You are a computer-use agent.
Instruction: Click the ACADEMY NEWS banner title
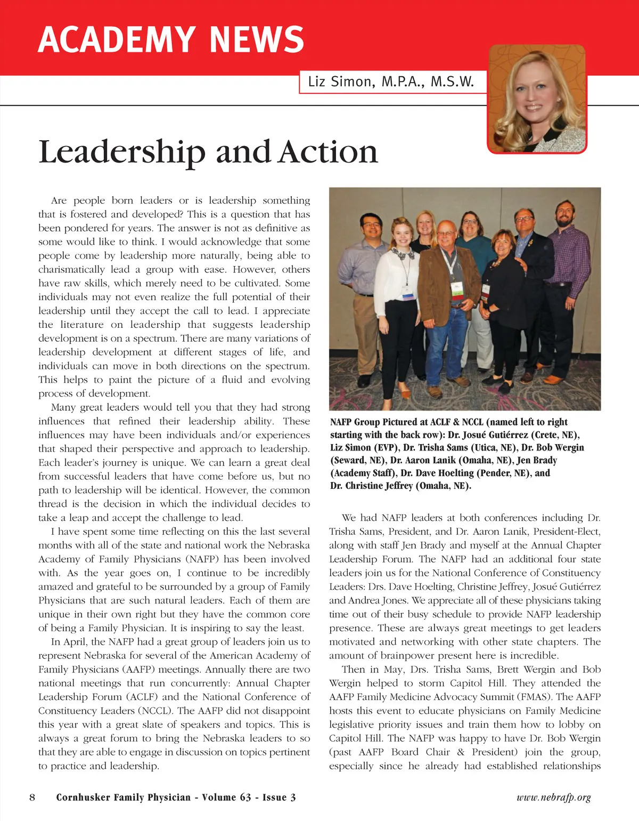click(x=171, y=40)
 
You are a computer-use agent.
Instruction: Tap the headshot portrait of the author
click(x=537, y=99)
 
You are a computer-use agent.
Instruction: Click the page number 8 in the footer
click(x=32, y=798)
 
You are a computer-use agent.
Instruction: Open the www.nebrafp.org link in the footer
click(x=554, y=798)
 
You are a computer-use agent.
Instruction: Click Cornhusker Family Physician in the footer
click(x=123, y=798)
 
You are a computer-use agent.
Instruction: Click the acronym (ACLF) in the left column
click(x=143, y=697)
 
